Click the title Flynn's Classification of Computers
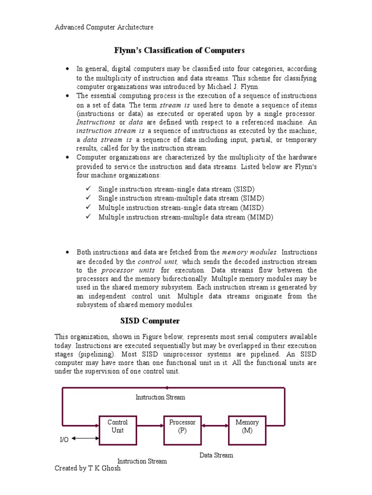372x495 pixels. [179, 50]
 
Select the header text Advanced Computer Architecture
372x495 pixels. [104, 27]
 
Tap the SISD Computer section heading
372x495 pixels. [150, 321]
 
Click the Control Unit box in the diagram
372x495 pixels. [117, 430]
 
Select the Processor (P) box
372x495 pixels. [182, 430]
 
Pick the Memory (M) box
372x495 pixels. [247, 430]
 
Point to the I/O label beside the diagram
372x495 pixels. [64, 439]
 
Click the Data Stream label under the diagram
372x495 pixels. [216, 455]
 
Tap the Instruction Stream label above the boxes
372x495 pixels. [160, 397]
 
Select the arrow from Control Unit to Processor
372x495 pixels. [150, 426]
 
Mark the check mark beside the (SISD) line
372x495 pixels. [89, 189]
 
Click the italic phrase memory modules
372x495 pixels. [249, 252]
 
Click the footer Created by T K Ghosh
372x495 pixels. [88, 468]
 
